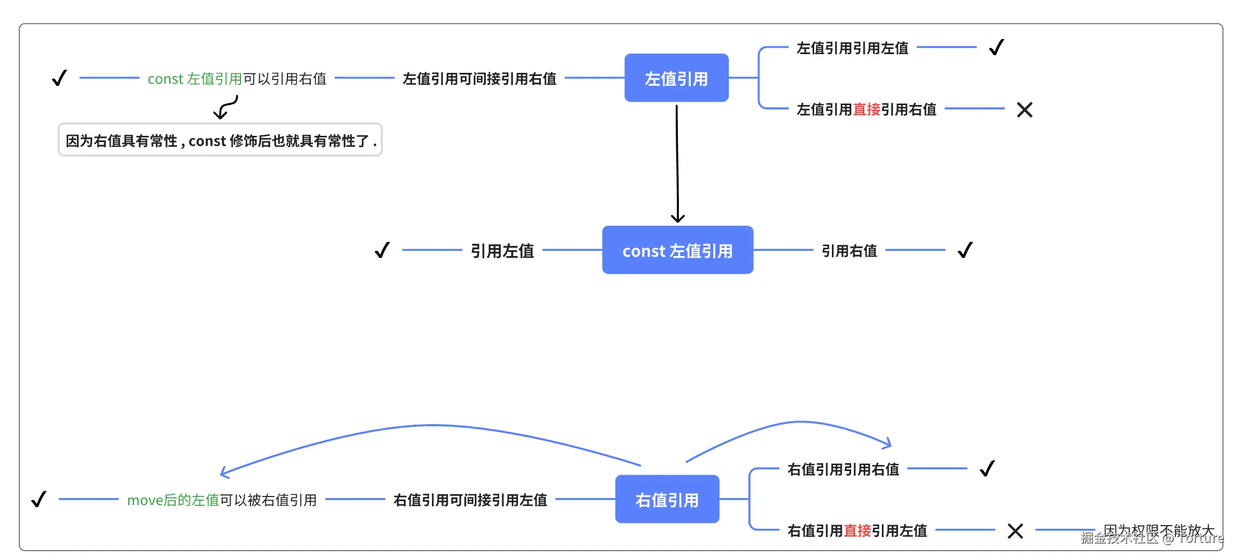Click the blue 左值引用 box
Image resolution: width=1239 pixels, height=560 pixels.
[676, 78]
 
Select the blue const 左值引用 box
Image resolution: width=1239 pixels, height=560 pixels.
[677, 250]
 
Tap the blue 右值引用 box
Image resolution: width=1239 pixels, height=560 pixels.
[667, 500]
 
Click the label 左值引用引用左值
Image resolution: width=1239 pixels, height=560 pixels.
[852, 48]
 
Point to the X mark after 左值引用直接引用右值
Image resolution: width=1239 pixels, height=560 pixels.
[1024, 110]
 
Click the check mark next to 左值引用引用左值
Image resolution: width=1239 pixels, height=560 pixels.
[996, 48]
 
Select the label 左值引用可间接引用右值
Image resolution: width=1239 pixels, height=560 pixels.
[479, 79]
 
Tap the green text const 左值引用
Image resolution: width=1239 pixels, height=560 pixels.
[195, 79]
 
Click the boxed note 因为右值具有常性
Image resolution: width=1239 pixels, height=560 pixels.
[220, 141]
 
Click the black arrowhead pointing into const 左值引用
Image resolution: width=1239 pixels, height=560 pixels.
[678, 218]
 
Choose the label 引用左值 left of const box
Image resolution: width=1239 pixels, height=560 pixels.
[502, 251]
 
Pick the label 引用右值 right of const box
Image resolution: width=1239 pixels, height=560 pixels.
[849, 251]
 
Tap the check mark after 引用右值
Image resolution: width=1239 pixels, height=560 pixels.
[965, 250]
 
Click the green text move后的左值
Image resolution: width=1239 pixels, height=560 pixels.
[173, 500]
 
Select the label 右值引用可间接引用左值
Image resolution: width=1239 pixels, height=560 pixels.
[470, 500]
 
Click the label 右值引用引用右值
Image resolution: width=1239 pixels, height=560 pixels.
[843, 469]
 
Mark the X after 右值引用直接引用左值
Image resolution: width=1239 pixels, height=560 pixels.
[1015, 531]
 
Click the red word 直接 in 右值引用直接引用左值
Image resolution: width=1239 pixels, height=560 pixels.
[857, 531]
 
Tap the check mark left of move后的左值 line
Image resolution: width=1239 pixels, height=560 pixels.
[39, 500]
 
